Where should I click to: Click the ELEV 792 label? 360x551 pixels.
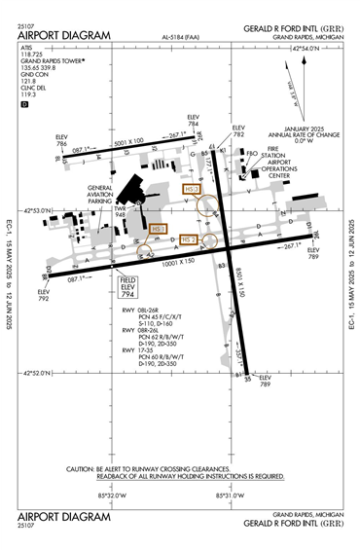[42, 293]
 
